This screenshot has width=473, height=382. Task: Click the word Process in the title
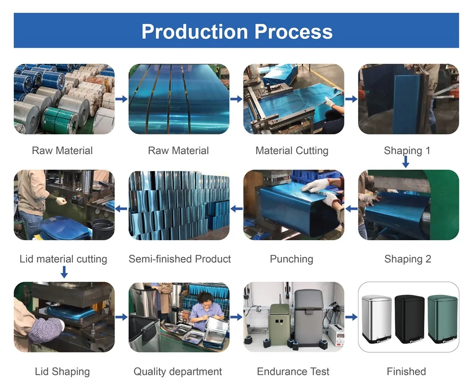point(293,31)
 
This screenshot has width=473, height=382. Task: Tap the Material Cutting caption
point(292,151)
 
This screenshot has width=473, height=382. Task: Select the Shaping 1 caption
point(407,151)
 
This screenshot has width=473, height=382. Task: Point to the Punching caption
point(291,259)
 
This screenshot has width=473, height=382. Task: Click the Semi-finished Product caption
point(180,259)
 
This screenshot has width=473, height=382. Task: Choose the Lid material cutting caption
point(63,259)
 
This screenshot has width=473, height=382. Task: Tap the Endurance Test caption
point(293,372)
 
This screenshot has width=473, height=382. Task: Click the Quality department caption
point(178,372)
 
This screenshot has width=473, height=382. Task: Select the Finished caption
point(406,372)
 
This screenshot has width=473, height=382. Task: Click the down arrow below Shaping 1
point(406,162)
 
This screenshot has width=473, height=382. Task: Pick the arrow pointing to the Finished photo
point(351,317)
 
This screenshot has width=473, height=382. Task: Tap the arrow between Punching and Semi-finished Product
point(236,208)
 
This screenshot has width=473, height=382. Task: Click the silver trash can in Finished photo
point(377,318)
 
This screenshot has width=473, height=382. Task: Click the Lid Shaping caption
point(62,372)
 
